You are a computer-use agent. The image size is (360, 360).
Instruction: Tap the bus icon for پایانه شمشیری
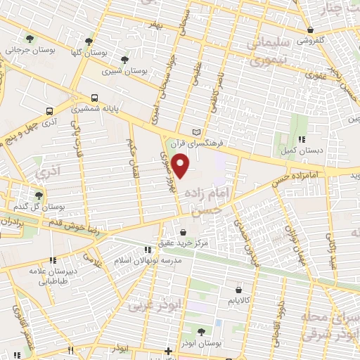[93, 98]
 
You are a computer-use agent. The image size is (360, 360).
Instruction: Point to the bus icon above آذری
[49, 111]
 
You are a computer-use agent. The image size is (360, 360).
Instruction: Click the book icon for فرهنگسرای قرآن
[196, 131]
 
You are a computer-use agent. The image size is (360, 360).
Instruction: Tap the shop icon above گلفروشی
[309, 30]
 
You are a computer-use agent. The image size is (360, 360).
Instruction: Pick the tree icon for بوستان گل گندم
[38, 195]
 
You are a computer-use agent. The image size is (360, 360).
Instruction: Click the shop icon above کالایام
[238, 289]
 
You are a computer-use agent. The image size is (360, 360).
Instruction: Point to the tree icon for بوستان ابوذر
[201, 330]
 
